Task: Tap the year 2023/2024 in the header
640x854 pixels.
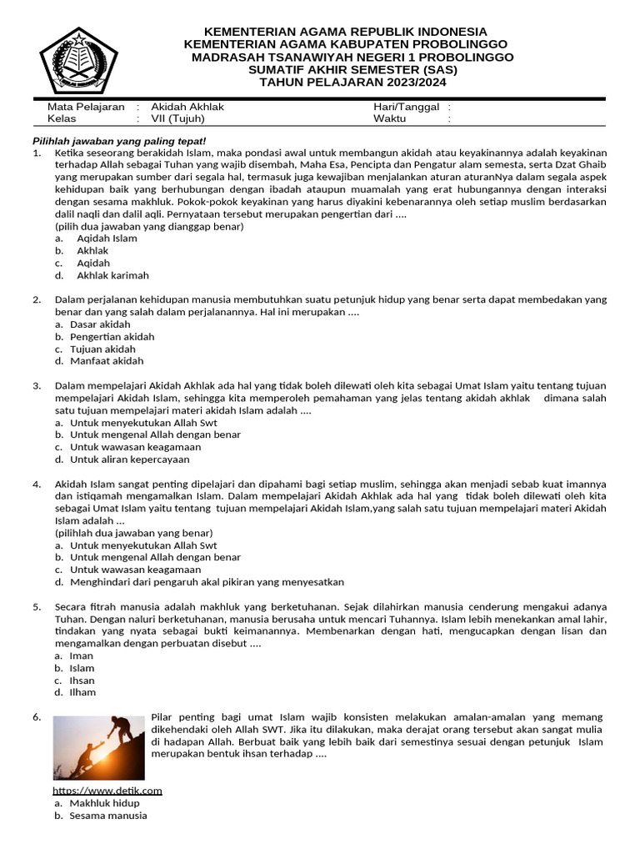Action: [411, 82]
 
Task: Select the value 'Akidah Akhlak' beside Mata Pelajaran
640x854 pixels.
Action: [187, 107]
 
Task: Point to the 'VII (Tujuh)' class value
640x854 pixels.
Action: [177, 118]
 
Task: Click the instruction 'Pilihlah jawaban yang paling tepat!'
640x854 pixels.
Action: [118, 140]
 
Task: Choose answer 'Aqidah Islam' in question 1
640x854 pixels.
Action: [107, 239]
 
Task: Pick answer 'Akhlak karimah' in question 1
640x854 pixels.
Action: [112, 275]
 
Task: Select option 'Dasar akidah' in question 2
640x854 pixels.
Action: [100, 324]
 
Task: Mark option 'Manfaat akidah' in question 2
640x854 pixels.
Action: [107, 361]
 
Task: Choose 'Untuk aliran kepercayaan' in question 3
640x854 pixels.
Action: [129, 460]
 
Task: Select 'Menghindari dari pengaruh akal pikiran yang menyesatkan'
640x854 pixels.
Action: [207, 582]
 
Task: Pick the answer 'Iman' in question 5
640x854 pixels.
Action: [82, 656]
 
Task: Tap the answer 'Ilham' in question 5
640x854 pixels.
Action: [82, 692]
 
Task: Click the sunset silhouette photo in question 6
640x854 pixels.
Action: [98, 747]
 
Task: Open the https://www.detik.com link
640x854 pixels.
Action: [107, 791]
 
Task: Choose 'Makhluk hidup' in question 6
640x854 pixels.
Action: [104, 803]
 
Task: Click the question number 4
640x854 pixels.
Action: [37, 485]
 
